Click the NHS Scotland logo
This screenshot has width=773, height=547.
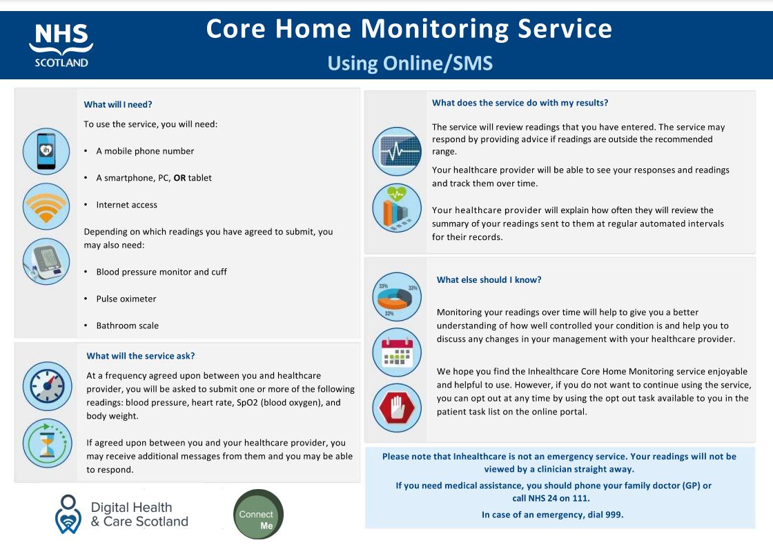61,45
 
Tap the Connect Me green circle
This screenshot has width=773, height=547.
258,515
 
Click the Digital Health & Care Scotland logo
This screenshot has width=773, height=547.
121,515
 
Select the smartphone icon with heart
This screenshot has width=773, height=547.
46,151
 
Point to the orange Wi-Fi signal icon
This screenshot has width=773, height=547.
46,206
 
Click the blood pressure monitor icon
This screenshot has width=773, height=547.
46,261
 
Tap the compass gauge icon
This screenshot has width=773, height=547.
46,386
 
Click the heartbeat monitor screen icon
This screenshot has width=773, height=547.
396,152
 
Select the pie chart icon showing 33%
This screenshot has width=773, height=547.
396,297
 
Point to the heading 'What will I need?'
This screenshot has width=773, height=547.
117,105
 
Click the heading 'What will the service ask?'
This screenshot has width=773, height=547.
141,356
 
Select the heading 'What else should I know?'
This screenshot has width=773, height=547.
489,280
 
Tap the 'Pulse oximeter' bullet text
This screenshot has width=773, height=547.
126,299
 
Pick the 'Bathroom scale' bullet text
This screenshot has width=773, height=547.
127,326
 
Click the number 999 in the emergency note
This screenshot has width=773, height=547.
612,514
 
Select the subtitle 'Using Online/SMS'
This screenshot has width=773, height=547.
410,63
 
